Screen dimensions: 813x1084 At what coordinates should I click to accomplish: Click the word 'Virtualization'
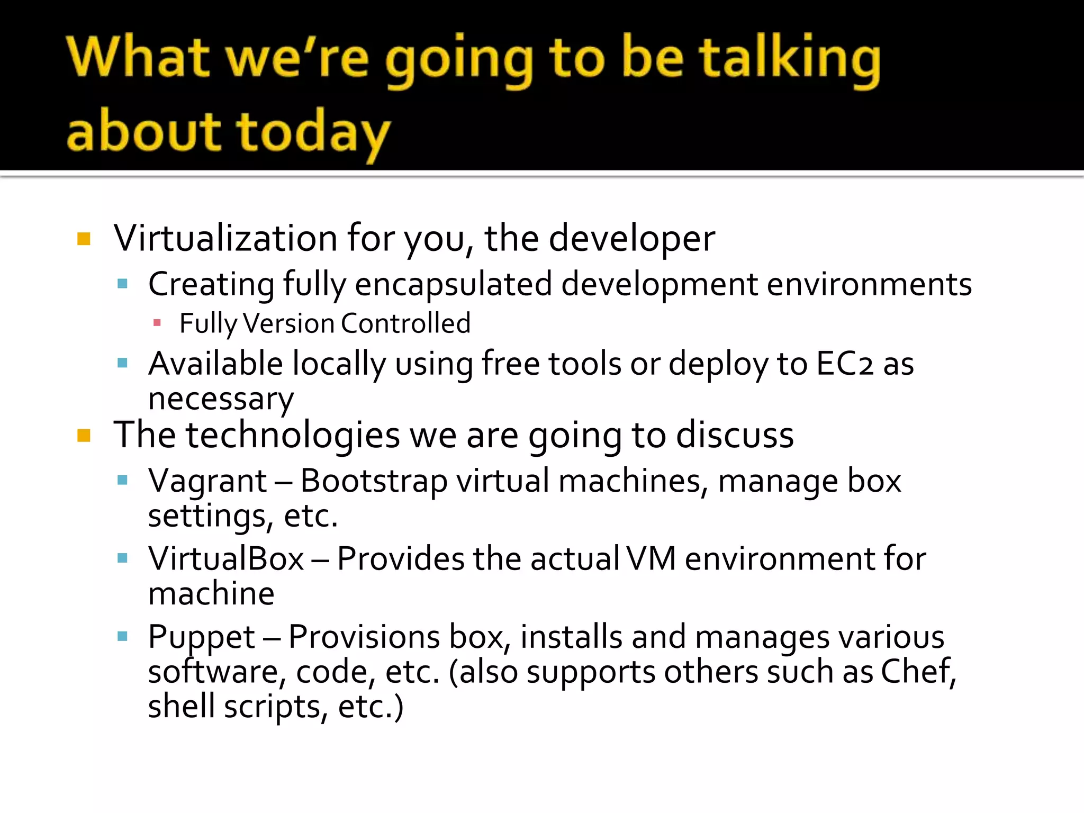click(x=225, y=238)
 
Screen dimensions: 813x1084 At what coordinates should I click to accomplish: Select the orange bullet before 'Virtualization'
click(x=84, y=239)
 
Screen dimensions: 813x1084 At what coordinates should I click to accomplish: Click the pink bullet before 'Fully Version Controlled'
click(x=157, y=322)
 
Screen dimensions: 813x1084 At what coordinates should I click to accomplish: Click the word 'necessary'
click(x=221, y=399)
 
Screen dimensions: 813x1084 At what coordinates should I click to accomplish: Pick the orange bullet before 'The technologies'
click(x=84, y=436)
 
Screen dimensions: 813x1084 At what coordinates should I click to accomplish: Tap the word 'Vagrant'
click(x=207, y=481)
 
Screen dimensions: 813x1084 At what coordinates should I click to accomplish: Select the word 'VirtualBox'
click(x=226, y=559)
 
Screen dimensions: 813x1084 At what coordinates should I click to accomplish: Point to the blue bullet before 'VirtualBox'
click(x=123, y=558)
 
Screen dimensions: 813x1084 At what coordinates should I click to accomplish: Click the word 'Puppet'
click(x=202, y=637)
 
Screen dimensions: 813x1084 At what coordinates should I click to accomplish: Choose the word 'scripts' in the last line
click(x=272, y=707)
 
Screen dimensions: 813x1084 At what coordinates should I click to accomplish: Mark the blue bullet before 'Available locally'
click(x=123, y=363)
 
